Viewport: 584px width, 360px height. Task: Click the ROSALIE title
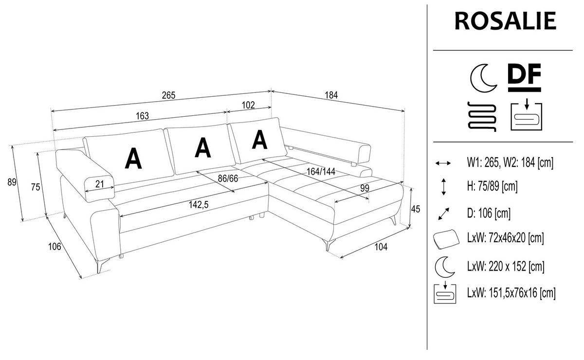point(505,20)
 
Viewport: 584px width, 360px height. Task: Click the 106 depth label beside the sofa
point(55,246)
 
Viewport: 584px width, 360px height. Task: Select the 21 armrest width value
point(99,183)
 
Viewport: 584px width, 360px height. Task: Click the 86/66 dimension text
point(228,179)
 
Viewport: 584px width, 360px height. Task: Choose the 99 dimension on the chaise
point(364,188)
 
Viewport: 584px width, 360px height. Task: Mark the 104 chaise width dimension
point(381,247)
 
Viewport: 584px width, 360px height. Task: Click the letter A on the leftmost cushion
point(133,158)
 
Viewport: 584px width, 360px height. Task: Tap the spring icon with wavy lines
point(481,117)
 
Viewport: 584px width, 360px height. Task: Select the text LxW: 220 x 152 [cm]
point(505,267)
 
